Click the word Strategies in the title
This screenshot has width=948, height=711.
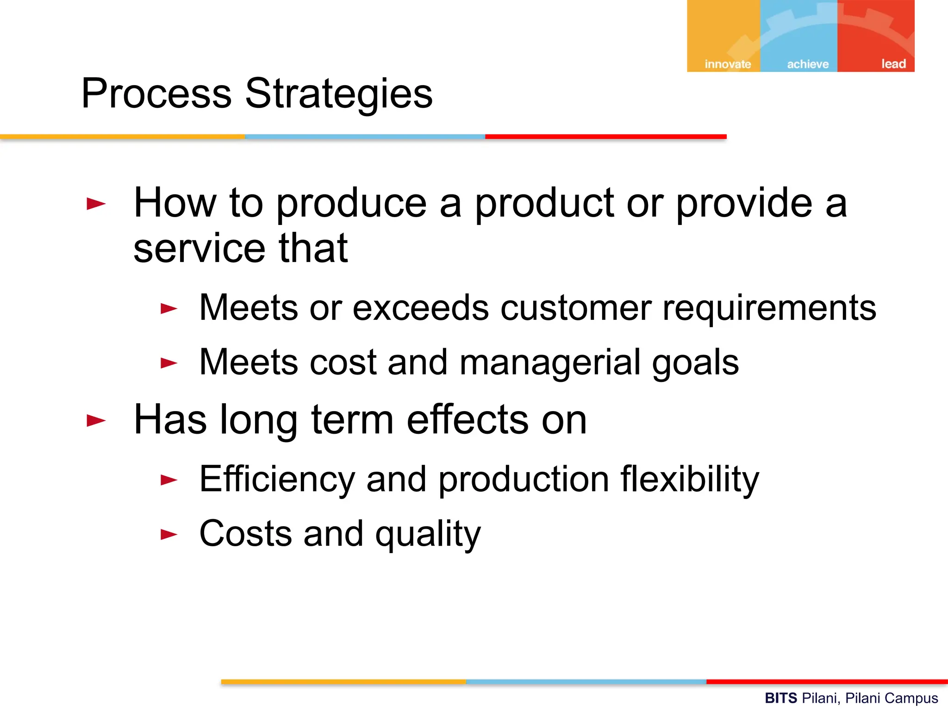(338, 94)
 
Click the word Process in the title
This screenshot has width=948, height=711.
(156, 94)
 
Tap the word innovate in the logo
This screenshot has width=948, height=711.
(728, 64)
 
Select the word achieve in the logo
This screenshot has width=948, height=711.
(808, 64)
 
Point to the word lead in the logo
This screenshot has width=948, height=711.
(893, 64)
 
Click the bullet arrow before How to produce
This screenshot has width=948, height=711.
(96, 203)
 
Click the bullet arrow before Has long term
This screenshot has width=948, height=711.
(96, 420)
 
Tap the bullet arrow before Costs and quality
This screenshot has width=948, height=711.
(169, 535)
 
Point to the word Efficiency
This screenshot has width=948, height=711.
(277, 479)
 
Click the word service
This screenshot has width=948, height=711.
(200, 249)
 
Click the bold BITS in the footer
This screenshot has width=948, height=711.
(780, 698)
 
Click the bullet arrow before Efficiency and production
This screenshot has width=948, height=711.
(169, 480)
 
